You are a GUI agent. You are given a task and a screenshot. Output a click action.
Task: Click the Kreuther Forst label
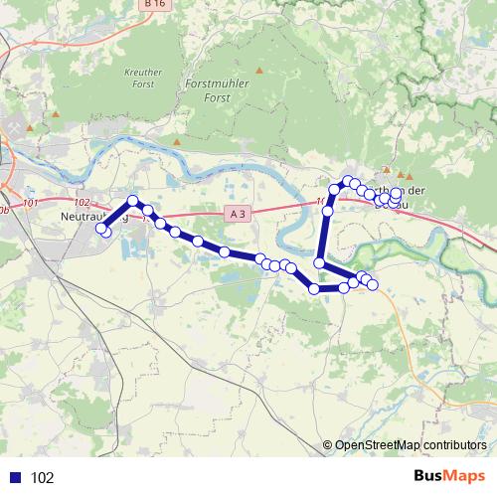coord(143,79)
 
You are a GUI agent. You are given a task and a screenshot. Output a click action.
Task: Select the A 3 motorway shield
coord(236,213)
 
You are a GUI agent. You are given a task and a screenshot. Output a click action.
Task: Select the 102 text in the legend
coord(43,478)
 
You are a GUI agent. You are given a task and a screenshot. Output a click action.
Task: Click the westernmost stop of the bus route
coord(100,229)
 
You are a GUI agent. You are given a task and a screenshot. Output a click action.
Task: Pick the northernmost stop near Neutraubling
coord(134,201)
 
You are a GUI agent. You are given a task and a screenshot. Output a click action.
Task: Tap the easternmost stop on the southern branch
coord(373,285)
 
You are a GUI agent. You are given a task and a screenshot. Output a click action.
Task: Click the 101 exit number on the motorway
coord(29,203)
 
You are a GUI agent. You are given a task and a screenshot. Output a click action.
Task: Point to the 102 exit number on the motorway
coord(81,202)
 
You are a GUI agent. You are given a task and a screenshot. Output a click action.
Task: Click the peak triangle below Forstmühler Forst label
coord(259,71)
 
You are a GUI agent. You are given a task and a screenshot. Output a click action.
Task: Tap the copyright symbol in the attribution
coord(328,445)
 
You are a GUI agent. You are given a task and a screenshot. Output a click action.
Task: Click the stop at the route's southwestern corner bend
coord(314,288)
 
